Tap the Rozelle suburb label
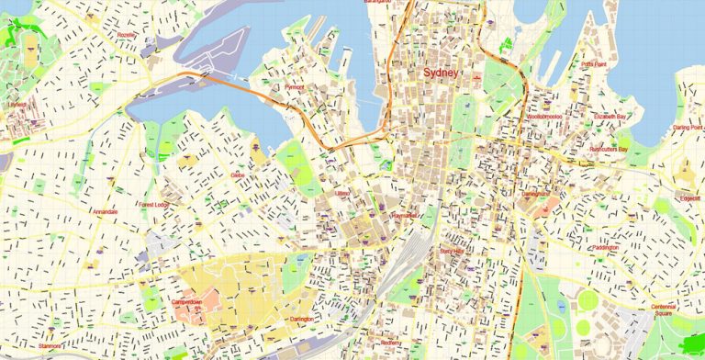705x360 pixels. click(x=128, y=36)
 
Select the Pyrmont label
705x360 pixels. click(x=294, y=87)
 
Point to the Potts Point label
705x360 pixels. click(x=594, y=64)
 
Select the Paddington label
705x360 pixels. click(x=604, y=247)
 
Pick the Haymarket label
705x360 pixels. click(x=403, y=215)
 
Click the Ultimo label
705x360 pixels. click(x=342, y=194)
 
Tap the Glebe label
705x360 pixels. click(x=238, y=174)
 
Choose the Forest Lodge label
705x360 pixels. click(x=152, y=205)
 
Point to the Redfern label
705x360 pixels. click(x=391, y=343)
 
